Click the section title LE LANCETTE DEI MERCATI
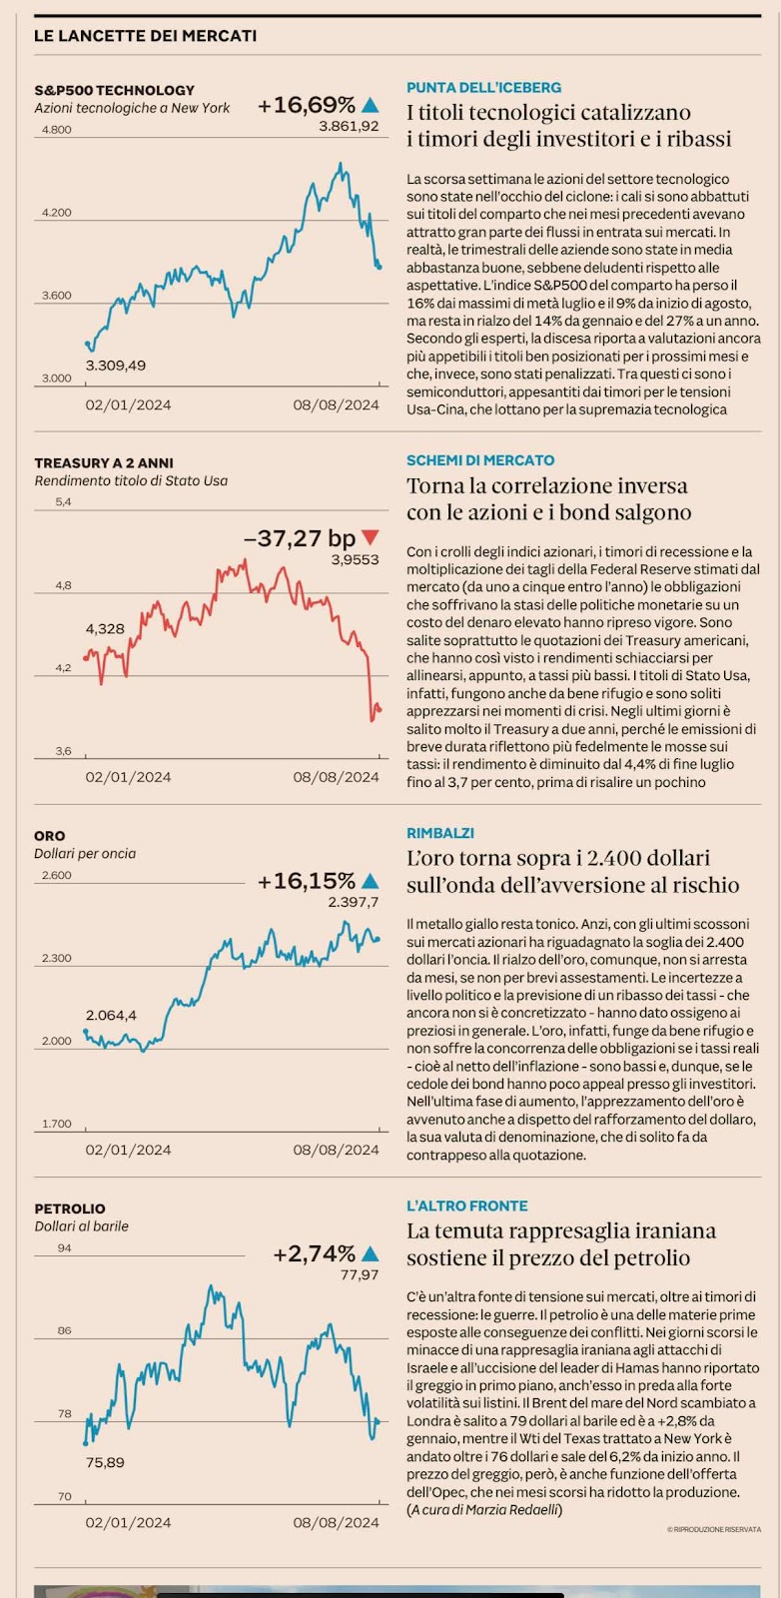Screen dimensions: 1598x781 (x=145, y=36)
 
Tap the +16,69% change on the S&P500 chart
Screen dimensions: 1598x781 (x=306, y=105)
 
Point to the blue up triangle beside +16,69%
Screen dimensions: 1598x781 (x=371, y=104)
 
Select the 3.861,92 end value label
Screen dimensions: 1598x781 (x=349, y=126)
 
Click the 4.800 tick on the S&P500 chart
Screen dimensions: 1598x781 (x=56, y=130)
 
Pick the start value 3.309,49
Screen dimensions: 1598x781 (x=115, y=366)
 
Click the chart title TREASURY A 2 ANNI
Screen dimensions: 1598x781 (x=103, y=463)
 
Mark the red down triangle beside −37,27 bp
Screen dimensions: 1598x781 (x=371, y=537)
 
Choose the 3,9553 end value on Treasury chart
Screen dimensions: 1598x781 (x=355, y=559)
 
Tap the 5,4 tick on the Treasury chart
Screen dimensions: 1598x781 (x=63, y=501)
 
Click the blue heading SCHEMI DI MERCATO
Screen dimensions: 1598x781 (x=480, y=460)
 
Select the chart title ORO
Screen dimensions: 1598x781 (x=49, y=836)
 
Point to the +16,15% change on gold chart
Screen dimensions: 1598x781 (x=306, y=881)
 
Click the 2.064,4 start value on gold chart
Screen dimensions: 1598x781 (x=111, y=1016)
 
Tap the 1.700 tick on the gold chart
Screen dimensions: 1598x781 (x=56, y=1125)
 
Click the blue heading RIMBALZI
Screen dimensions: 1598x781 (x=440, y=833)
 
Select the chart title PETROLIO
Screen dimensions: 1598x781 (x=69, y=1208)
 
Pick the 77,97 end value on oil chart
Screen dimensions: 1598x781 (x=360, y=1274)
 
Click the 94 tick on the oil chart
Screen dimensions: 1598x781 (x=64, y=1248)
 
